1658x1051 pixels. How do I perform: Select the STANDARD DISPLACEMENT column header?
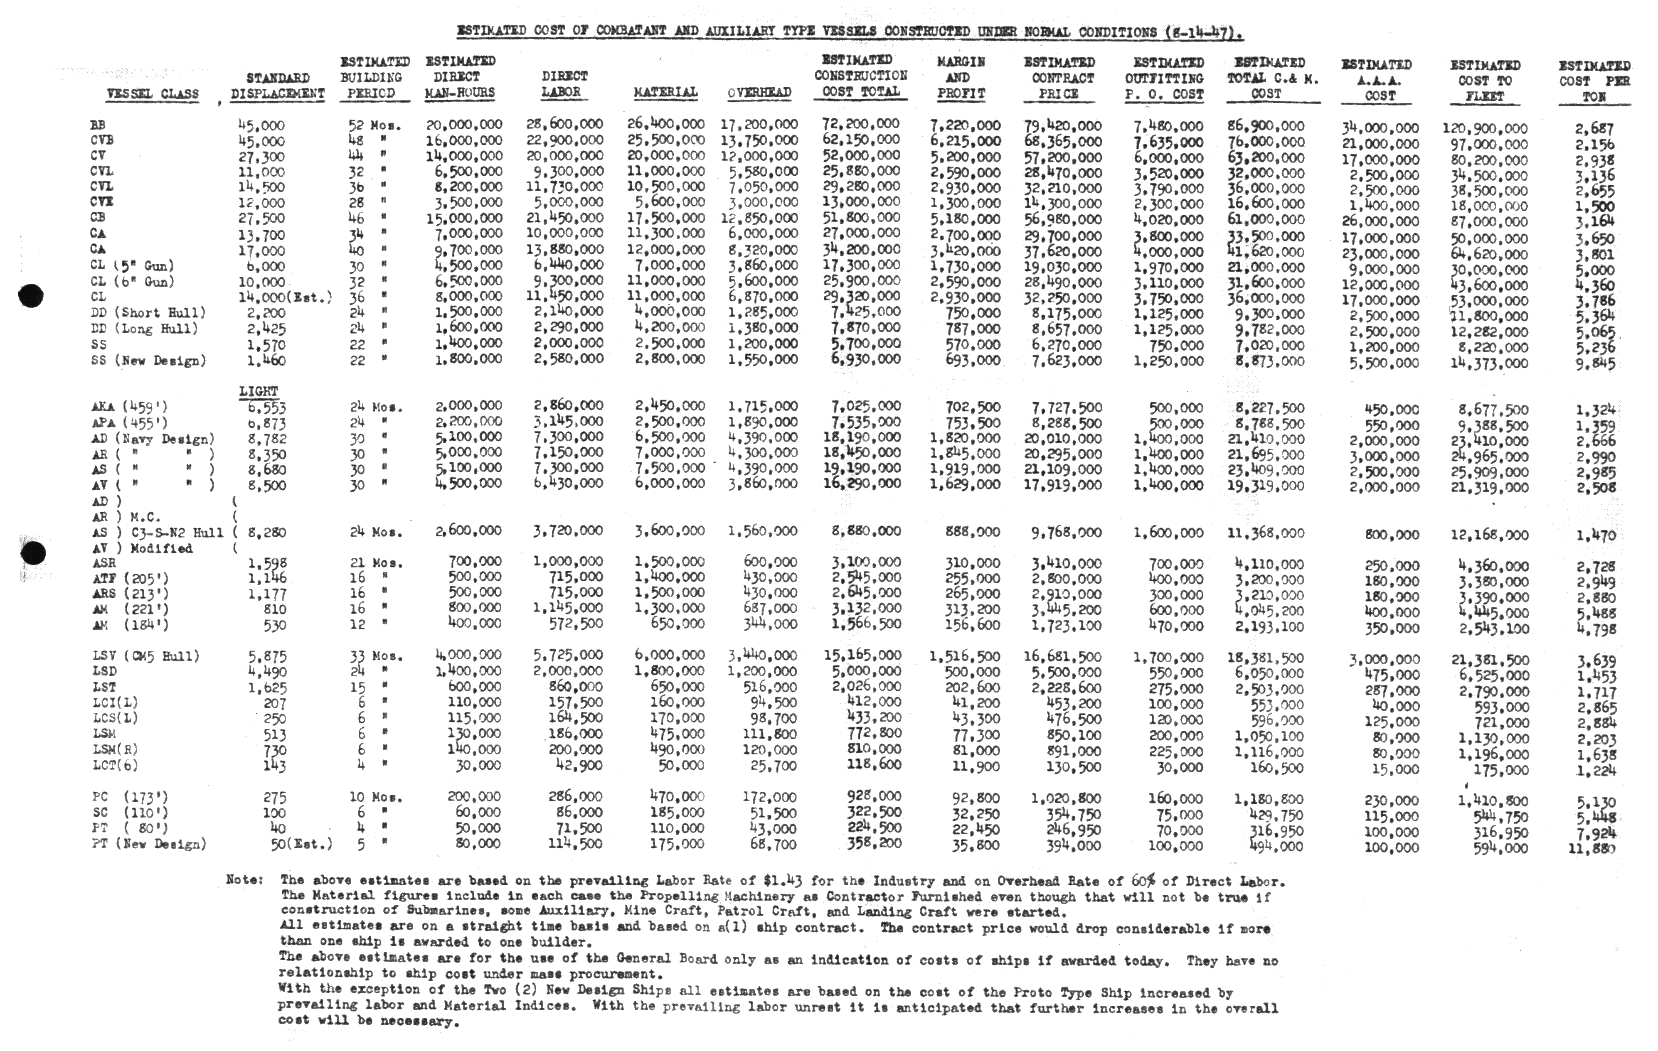coord(278,85)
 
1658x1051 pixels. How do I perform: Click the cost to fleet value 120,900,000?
coord(1485,128)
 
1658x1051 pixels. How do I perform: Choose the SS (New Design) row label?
coord(148,361)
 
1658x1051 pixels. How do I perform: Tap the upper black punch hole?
coord(31,296)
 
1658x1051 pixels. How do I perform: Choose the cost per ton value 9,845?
coord(1595,363)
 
